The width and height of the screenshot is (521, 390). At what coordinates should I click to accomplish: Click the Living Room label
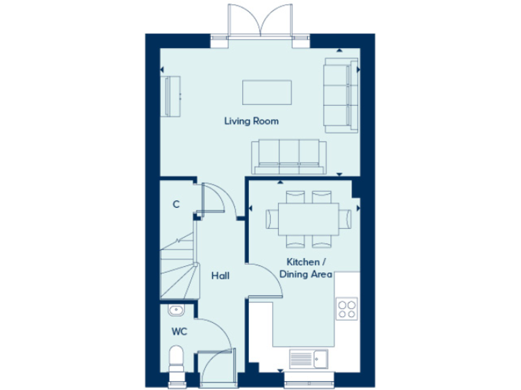tap(252, 122)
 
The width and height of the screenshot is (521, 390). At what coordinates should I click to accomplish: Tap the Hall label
tap(219, 276)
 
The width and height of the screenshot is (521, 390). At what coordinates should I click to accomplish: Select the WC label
tap(179, 332)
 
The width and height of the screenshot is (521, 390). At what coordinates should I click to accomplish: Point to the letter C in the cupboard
tap(176, 204)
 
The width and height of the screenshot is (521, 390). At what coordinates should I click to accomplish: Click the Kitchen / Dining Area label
tap(306, 268)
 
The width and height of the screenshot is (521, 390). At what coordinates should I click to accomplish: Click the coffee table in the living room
tap(267, 93)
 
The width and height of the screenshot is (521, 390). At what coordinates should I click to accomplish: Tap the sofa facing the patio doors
tap(286, 156)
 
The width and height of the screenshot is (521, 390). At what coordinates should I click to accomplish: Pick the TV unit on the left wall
tap(171, 96)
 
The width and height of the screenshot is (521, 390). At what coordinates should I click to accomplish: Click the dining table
tap(307, 218)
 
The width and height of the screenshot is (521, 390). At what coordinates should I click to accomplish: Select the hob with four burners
tap(347, 308)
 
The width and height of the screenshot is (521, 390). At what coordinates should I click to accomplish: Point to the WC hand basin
tap(176, 310)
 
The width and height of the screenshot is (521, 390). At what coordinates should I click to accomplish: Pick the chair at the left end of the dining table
tap(271, 219)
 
